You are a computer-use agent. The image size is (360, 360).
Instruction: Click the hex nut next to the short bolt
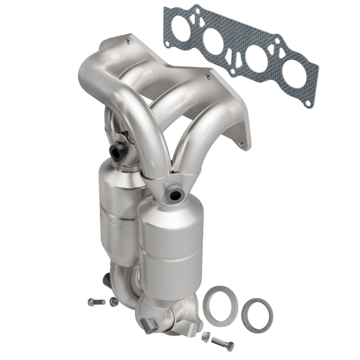pos(113,301)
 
